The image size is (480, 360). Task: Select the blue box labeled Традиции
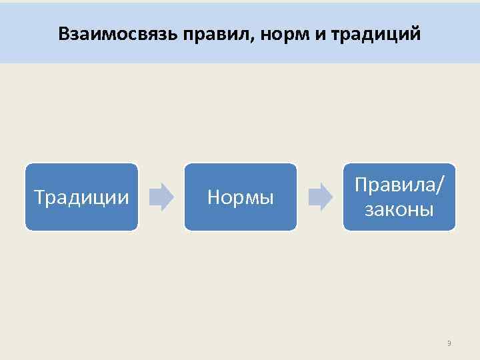pos(81,197)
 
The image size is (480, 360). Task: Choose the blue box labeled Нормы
pos(240,197)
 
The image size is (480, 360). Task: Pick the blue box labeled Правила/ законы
pos(399,197)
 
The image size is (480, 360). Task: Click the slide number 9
pos(449,344)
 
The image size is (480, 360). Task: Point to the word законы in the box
pos(399,211)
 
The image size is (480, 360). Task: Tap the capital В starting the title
pos(63,33)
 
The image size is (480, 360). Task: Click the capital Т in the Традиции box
pos(39,197)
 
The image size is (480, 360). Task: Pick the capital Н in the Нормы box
pos(213,197)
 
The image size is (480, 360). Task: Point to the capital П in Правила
pos(361,185)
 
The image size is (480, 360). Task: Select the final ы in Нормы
pos(267,198)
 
